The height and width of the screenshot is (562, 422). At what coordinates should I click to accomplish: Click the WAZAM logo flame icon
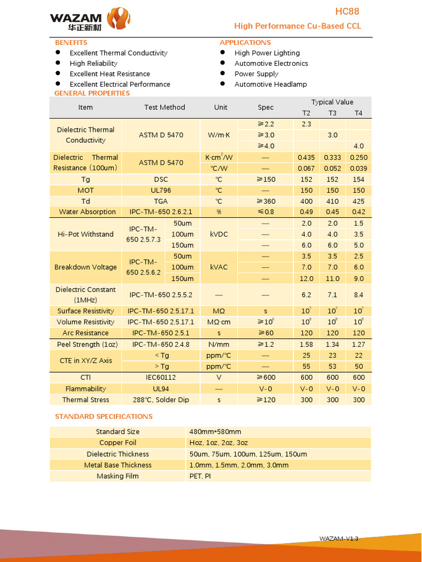pos(119,19)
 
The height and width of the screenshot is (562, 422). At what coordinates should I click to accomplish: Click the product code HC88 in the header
pos(347,12)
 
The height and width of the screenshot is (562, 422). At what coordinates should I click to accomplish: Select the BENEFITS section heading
pos(71,42)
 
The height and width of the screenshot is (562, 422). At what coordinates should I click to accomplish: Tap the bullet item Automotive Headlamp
pos(270,84)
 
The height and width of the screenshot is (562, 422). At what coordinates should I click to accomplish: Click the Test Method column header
pos(164,107)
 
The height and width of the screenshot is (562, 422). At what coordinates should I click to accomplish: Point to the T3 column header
pos(332,113)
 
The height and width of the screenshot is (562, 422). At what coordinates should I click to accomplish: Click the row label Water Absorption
pos(87,212)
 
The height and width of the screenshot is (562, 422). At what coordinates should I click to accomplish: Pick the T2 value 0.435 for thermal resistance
pos(306,158)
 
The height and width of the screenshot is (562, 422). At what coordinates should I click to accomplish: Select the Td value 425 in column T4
pos(358,201)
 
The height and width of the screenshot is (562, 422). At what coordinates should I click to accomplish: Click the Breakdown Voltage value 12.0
pos(306,278)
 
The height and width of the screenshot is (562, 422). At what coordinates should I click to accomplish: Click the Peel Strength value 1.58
pos(306,345)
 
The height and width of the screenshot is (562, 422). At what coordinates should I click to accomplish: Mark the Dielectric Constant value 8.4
pos(358,295)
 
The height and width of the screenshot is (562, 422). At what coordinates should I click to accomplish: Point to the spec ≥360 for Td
pos(265,201)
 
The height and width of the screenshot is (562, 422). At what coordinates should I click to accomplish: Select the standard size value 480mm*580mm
pos(215,432)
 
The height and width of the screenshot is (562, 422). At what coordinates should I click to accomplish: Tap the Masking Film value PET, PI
pos(200,476)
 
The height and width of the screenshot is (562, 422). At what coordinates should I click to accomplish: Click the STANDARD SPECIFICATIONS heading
pos(104,417)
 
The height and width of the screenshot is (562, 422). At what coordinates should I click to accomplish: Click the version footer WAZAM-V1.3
pos(338,538)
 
